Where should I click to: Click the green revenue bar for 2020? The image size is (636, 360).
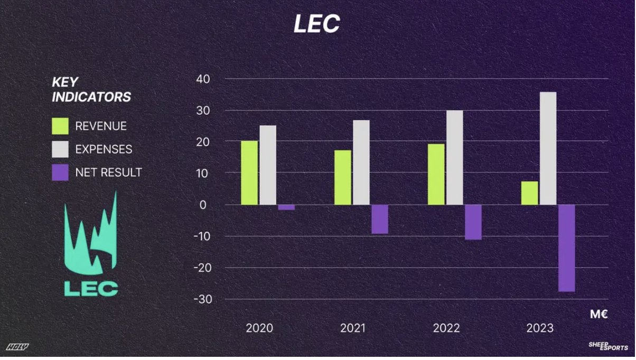pyautogui.click(x=249, y=173)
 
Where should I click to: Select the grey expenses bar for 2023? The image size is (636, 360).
pyautogui.click(x=548, y=148)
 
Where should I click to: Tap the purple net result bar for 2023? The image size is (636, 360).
pyautogui.click(x=566, y=248)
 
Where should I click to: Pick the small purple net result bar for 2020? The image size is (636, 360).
pyautogui.click(x=286, y=207)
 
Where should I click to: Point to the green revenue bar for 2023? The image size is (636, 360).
pyautogui.click(x=529, y=193)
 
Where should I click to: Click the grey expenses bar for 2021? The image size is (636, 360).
pyautogui.click(x=361, y=163)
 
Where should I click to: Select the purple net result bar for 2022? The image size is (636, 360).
pyautogui.click(x=473, y=222)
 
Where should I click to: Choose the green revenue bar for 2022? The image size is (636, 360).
pyautogui.click(x=436, y=174)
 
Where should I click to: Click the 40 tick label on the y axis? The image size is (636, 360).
pyautogui.click(x=203, y=79)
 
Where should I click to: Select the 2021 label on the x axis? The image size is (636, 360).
pyautogui.click(x=353, y=328)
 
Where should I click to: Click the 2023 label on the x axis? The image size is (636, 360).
pyautogui.click(x=540, y=328)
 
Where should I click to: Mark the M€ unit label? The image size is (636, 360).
pyautogui.click(x=599, y=315)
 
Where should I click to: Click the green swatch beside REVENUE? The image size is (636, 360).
pyautogui.click(x=60, y=126)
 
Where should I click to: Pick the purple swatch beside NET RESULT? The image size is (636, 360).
pyautogui.click(x=60, y=173)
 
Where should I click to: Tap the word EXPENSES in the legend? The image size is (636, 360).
pyautogui.click(x=104, y=149)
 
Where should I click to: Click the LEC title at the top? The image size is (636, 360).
pyautogui.click(x=317, y=24)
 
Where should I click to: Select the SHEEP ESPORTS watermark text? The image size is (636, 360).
pyautogui.click(x=608, y=346)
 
